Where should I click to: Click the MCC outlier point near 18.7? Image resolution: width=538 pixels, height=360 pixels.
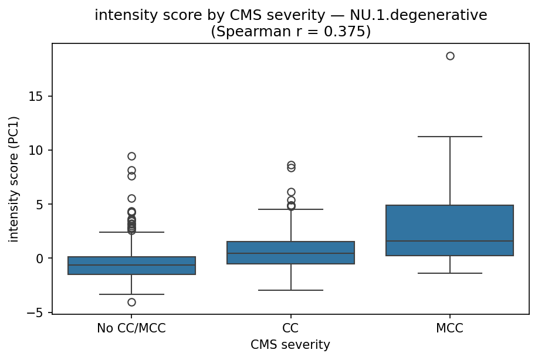(450, 56)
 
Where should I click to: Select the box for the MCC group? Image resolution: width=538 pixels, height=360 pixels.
(450, 230)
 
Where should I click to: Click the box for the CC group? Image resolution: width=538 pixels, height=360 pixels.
(291, 253)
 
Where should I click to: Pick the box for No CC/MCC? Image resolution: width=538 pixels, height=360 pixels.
(131, 266)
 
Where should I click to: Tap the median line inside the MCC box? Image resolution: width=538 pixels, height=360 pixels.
(450, 241)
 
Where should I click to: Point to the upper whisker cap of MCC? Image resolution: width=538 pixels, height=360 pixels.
(450, 137)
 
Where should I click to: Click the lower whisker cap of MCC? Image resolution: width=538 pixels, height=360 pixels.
(450, 273)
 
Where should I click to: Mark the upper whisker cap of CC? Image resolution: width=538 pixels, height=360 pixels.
(291, 209)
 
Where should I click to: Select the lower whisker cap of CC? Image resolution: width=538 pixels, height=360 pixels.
(291, 290)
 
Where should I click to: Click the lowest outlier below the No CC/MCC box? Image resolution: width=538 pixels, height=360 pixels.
(131, 303)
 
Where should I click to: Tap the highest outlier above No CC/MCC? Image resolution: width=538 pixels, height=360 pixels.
(131, 156)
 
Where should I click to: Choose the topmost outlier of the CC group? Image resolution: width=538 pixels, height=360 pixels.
(291, 165)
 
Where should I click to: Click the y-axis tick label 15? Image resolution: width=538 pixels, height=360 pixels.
(40, 96)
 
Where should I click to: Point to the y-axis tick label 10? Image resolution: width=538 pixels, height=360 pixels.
(40, 150)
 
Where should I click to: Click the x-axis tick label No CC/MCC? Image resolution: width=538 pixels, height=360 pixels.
(131, 329)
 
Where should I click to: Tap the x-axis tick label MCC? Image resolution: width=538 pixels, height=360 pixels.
(450, 329)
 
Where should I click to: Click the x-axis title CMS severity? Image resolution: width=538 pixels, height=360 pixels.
(290, 345)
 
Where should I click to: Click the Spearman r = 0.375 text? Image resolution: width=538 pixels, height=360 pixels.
(290, 32)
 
